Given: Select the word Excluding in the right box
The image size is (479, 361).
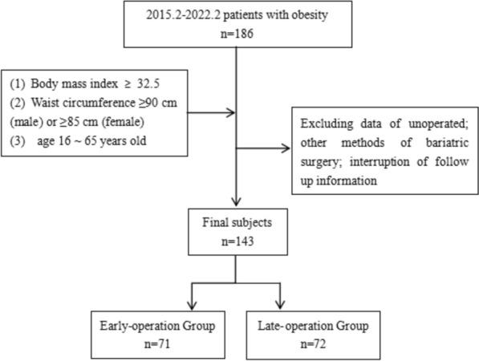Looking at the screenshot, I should pos(325,126).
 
